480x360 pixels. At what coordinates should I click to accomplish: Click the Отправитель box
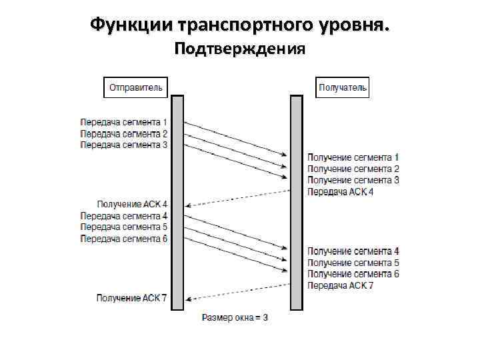click(x=136, y=87)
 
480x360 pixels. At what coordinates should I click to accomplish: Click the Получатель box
click(x=342, y=87)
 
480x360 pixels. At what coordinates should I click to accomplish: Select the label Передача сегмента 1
click(x=124, y=123)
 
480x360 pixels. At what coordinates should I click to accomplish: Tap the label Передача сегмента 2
click(x=124, y=134)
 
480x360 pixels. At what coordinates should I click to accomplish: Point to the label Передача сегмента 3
click(x=124, y=145)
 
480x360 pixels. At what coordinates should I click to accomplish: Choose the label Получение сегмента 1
click(x=353, y=158)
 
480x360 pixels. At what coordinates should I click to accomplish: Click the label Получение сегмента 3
click(x=353, y=181)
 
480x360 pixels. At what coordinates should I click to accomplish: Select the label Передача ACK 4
click(x=341, y=192)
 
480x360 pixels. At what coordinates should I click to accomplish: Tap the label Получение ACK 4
click(x=133, y=204)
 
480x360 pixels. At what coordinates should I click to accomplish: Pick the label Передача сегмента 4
click(x=124, y=216)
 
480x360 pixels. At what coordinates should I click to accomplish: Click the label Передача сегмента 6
click(x=124, y=239)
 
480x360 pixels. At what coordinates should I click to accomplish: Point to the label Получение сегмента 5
click(x=353, y=263)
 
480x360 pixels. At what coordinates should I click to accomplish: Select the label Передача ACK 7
click(x=341, y=285)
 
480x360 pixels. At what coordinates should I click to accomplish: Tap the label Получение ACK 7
click(x=133, y=298)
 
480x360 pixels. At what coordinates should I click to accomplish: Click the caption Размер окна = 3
click(x=235, y=318)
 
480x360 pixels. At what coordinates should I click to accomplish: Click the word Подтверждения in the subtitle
click(x=239, y=49)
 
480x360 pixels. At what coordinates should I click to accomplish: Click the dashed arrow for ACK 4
click(x=237, y=198)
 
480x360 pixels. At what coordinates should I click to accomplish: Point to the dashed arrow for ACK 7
click(x=237, y=292)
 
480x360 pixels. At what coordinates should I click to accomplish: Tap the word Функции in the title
click(x=131, y=25)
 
